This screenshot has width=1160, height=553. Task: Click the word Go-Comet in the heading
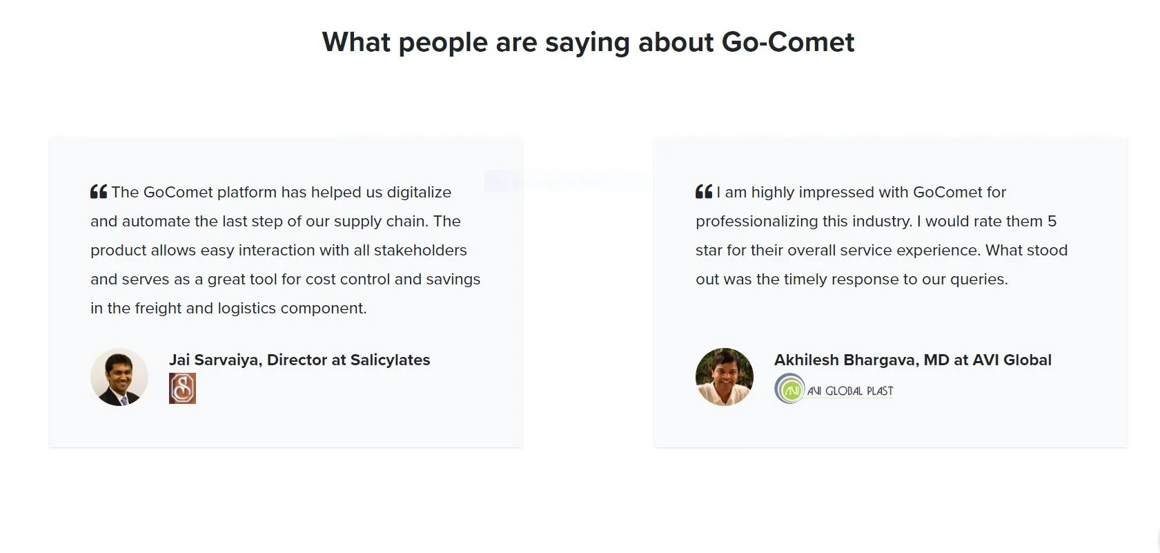[787, 42]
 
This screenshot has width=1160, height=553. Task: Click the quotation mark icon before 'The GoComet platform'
[99, 192]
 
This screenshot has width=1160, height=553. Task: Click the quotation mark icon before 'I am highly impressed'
[704, 192]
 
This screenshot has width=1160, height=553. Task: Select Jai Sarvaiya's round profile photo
[119, 377]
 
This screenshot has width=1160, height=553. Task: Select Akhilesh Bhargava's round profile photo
[725, 377]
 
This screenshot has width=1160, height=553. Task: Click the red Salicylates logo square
[182, 388]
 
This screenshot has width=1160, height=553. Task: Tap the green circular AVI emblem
[789, 389]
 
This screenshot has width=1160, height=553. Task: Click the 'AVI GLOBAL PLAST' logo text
[850, 391]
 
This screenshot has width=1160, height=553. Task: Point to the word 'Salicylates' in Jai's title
[390, 360]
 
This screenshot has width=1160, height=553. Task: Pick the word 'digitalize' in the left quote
[419, 192]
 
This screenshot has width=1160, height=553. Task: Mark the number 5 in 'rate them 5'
[1052, 221]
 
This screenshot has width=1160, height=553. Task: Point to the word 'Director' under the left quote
[297, 360]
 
